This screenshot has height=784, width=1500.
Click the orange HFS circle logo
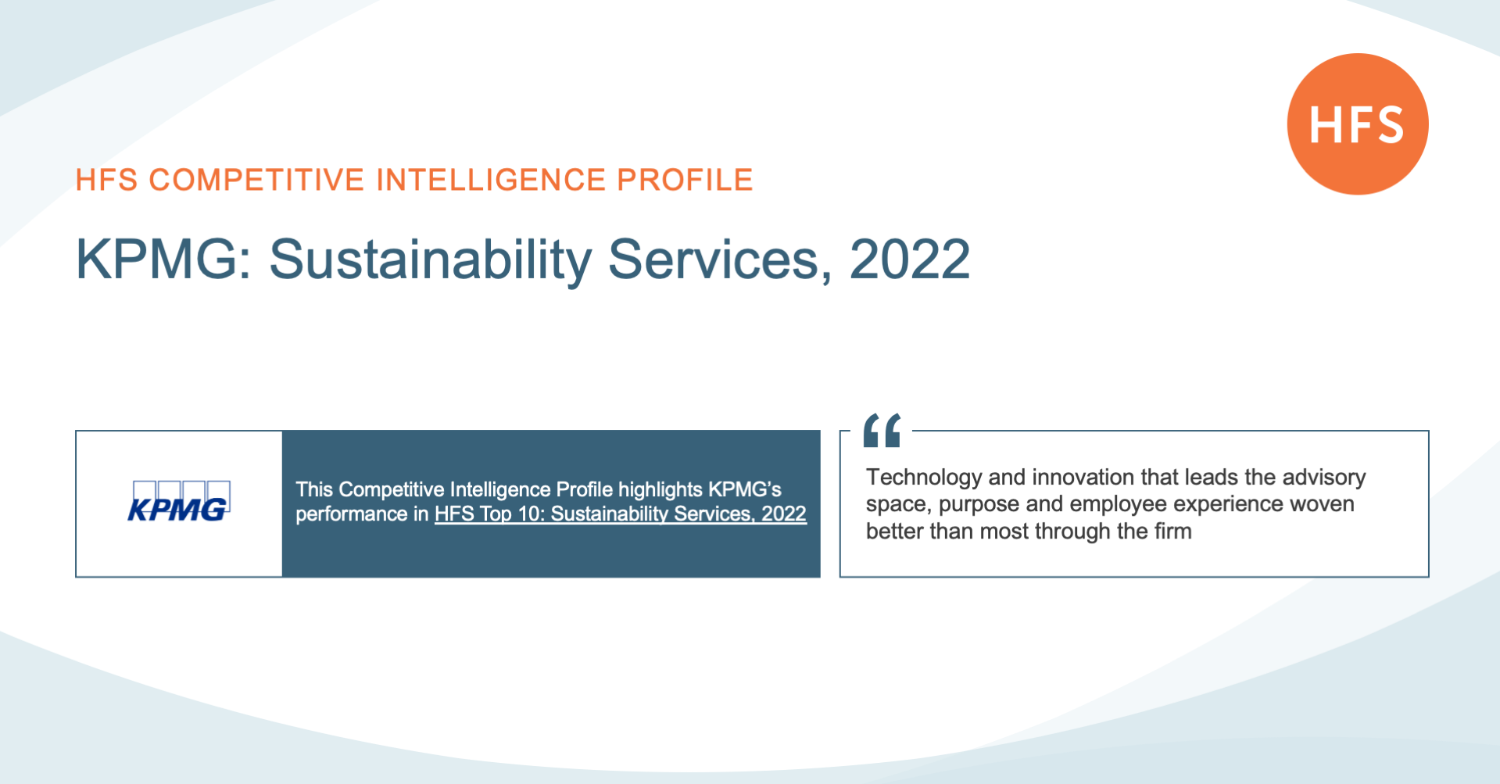click(1358, 124)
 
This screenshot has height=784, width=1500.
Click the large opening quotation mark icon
click(882, 430)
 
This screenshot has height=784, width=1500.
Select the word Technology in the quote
click(924, 478)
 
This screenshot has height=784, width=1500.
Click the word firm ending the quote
click(1172, 531)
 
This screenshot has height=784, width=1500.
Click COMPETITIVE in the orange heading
click(257, 180)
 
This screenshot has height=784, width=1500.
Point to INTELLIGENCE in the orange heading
click(491, 180)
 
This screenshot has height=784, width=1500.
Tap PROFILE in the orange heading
click(685, 180)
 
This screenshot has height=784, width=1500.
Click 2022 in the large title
click(910, 260)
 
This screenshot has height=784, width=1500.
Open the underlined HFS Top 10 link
click(621, 514)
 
